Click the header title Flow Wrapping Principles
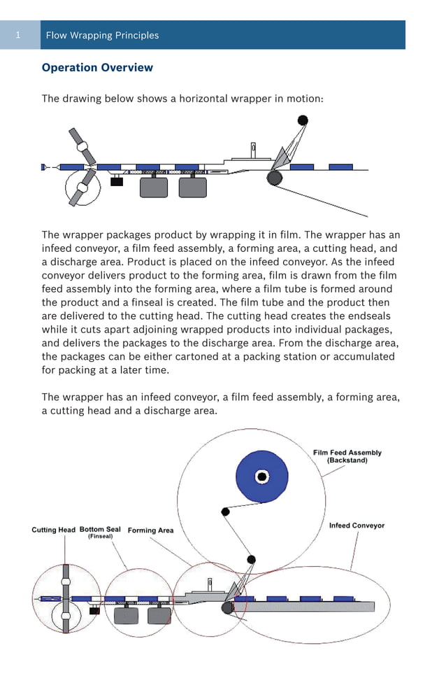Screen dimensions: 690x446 (102, 35)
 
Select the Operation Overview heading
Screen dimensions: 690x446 (97, 68)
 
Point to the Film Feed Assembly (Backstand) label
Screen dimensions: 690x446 (347, 456)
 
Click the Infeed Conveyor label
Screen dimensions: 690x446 (357, 526)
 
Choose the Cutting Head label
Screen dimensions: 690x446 (53, 530)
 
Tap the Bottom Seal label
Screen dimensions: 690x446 (100, 530)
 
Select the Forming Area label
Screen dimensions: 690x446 (150, 530)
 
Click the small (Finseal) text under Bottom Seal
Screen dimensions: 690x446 (100, 537)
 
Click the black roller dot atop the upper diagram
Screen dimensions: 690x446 (302, 120)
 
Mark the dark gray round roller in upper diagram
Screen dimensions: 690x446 (275, 178)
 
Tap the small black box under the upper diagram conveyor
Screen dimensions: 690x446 (117, 181)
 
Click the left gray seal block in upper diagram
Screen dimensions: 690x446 (154, 187)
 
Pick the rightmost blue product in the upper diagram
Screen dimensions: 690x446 (340, 167)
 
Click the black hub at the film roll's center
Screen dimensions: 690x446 (262, 477)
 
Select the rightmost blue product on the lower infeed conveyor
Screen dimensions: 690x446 (343, 599)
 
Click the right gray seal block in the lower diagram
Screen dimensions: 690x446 (159, 615)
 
